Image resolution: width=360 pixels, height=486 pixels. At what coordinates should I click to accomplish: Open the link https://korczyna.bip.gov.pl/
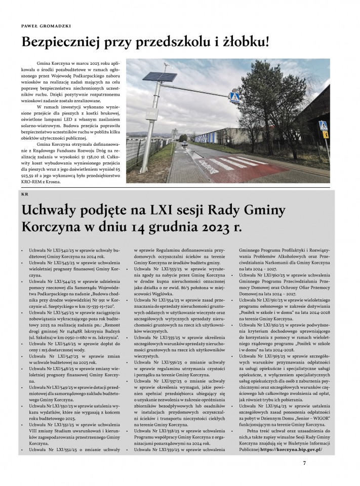pyautogui.click(x=292, y=449)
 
